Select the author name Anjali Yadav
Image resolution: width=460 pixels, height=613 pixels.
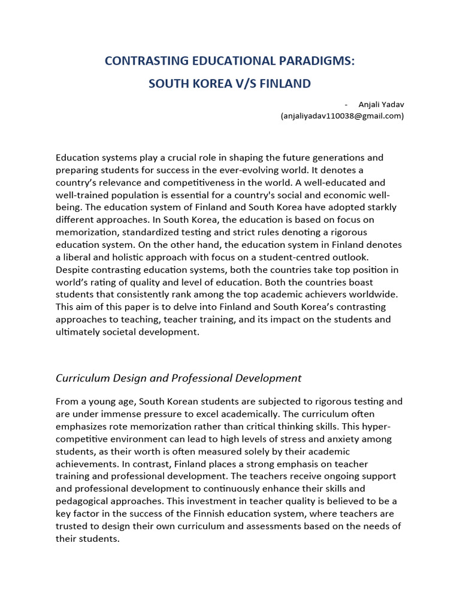tap(381, 105)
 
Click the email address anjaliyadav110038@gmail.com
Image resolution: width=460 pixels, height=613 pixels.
tap(342, 116)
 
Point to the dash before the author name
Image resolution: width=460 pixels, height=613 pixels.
tap(347, 105)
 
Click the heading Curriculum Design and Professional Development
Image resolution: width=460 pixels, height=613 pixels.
tap(178, 378)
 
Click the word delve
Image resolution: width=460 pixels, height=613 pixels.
tap(183, 307)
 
